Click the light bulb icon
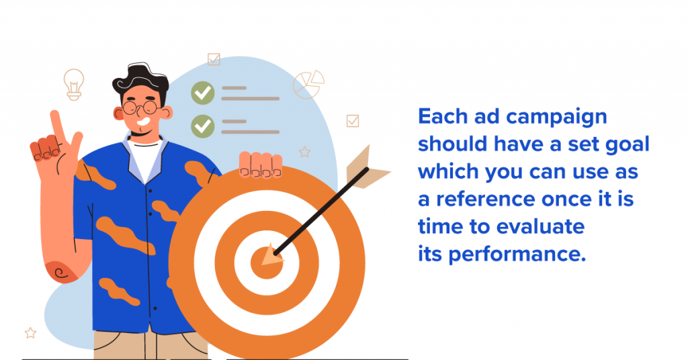pos(74,84)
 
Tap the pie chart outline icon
pos(308,84)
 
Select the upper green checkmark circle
pos(203,93)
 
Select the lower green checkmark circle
pos(203,126)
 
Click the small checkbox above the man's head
pos(214,59)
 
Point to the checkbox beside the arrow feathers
pos(353,121)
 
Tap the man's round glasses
pos(140,107)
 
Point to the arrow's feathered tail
pos(365,169)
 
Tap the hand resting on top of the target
pos(260,165)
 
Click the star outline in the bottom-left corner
pos(30,333)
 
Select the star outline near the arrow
pos(304,152)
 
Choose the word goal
pos(628,145)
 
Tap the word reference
pos(486,199)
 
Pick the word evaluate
pos(540,227)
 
